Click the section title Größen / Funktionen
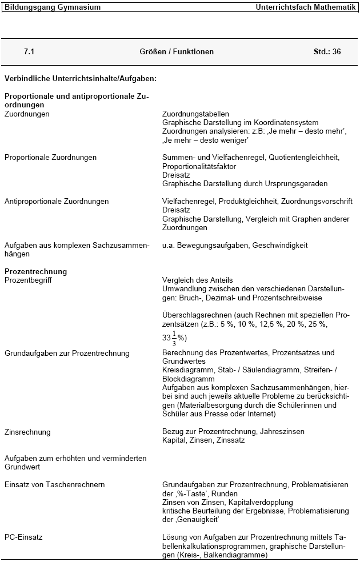(x=177, y=51)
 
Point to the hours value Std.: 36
(x=327, y=51)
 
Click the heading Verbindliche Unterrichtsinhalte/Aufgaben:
(x=81, y=78)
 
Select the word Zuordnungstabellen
(x=195, y=114)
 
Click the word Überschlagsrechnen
(x=198, y=315)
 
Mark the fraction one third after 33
(x=174, y=337)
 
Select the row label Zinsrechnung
(x=27, y=432)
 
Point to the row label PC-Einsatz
(x=23, y=537)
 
